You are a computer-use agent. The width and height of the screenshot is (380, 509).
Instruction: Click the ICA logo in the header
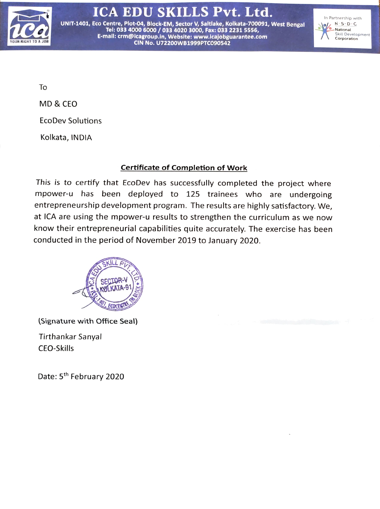(x=30, y=27)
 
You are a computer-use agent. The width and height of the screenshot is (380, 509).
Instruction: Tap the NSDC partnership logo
(x=342, y=28)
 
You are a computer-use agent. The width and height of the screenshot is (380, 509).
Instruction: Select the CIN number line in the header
(x=182, y=43)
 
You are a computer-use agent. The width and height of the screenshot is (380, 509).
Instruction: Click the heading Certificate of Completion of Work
(x=184, y=168)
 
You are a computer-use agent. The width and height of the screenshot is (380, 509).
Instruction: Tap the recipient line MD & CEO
(x=58, y=104)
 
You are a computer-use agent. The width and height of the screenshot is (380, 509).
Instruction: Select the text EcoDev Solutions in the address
(x=71, y=121)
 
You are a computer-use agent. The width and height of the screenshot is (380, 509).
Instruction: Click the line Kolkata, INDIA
(x=66, y=138)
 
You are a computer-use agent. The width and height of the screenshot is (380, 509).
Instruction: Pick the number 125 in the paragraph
(x=193, y=194)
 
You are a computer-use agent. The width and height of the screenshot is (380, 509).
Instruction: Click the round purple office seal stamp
(x=115, y=283)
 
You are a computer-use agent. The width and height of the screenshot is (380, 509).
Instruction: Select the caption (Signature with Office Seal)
(x=88, y=321)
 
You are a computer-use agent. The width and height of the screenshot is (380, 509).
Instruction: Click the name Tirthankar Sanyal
(x=70, y=337)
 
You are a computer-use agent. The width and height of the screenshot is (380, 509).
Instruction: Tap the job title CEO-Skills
(x=56, y=349)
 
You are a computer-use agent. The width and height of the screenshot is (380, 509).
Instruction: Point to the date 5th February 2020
(x=92, y=376)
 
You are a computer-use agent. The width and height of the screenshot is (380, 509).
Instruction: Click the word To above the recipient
(x=43, y=87)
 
